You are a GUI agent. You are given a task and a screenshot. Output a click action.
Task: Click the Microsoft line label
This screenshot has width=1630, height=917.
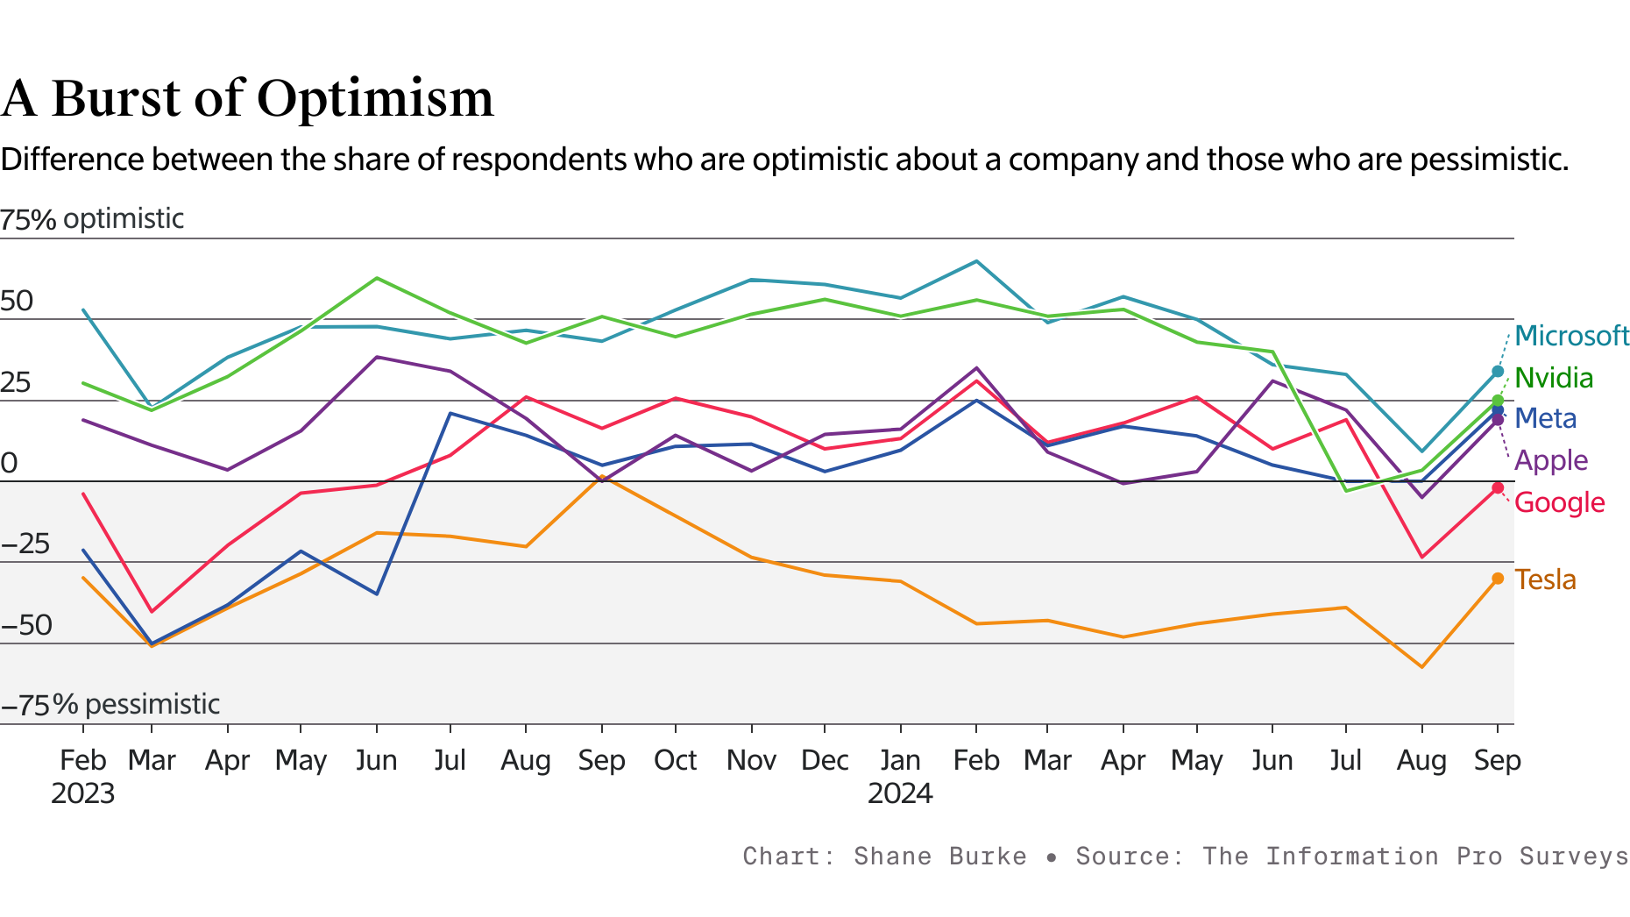[1571, 336]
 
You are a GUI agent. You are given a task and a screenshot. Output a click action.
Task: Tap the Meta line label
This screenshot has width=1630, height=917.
[1545, 418]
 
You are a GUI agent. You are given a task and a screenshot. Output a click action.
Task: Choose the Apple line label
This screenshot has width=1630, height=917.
[1550, 460]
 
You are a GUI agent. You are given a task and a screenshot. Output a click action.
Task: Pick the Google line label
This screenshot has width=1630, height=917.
[1559, 502]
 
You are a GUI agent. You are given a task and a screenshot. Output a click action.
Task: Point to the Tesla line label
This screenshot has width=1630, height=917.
[1545, 579]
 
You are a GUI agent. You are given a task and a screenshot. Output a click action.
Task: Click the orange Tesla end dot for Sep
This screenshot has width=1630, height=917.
[1498, 579]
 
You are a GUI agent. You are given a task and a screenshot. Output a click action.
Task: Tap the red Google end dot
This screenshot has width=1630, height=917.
[1498, 487]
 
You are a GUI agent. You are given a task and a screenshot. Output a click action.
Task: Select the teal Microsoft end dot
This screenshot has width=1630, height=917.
[1498, 372]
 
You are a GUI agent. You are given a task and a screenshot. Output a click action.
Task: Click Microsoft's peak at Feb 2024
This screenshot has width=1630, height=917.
[976, 261]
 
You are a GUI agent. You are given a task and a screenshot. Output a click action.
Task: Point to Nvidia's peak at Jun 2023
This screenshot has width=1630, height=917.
[377, 278]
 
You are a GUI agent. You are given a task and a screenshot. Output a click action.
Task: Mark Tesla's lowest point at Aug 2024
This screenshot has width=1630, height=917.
[1421, 667]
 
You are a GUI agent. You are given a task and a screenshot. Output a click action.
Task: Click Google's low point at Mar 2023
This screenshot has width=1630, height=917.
[152, 611]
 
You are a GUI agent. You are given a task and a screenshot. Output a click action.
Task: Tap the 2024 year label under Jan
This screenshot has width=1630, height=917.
[900, 793]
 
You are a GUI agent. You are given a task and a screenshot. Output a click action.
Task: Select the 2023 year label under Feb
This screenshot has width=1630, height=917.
[83, 793]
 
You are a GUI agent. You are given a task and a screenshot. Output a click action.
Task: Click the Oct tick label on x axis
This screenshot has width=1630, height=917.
[675, 760]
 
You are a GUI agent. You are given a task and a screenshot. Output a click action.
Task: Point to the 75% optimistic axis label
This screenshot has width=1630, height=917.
[92, 218]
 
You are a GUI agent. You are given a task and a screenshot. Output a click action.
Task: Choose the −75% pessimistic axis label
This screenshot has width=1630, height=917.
[110, 704]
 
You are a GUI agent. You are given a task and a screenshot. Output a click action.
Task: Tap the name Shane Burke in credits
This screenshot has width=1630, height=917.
[939, 856]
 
